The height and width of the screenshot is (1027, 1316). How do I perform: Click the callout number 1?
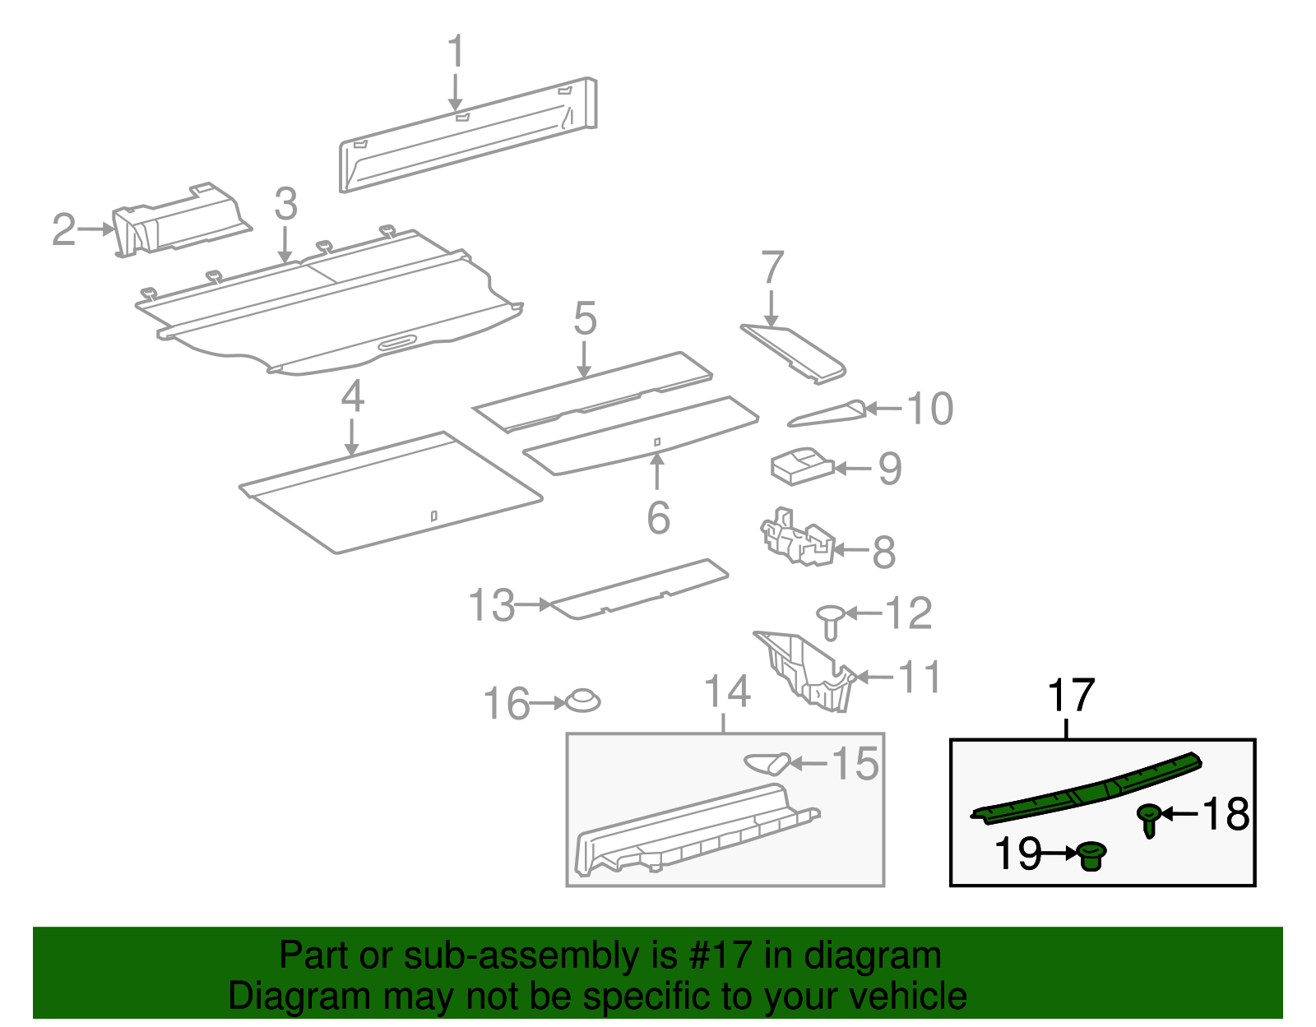(456, 52)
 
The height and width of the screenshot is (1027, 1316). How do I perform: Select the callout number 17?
(1071, 696)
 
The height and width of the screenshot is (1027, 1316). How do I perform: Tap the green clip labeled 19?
(1091, 856)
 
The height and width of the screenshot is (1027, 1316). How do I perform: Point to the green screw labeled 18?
(1149, 819)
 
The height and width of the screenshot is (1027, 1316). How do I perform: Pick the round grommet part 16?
(583, 701)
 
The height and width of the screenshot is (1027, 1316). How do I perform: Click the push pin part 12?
(831, 621)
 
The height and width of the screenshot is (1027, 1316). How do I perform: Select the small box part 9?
(800, 466)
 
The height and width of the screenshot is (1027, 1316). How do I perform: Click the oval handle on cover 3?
(398, 342)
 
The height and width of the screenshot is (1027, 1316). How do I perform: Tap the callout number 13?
(491, 606)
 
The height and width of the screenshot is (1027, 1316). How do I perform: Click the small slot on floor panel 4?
(434, 516)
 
